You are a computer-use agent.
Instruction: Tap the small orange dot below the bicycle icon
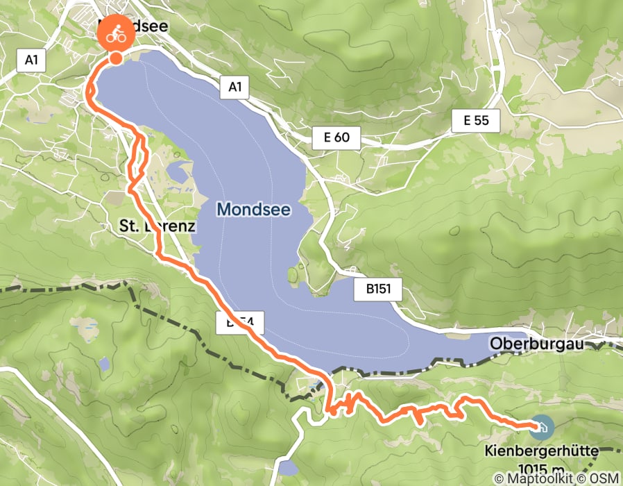[x=117, y=58]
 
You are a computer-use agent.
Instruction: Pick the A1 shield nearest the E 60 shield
[x=234, y=87]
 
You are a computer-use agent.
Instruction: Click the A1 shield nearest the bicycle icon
[x=31, y=60]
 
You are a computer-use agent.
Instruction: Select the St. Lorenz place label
[x=157, y=226]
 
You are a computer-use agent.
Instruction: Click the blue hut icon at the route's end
[x=540, y=426]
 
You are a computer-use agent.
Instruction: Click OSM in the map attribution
[x=604, y=479]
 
